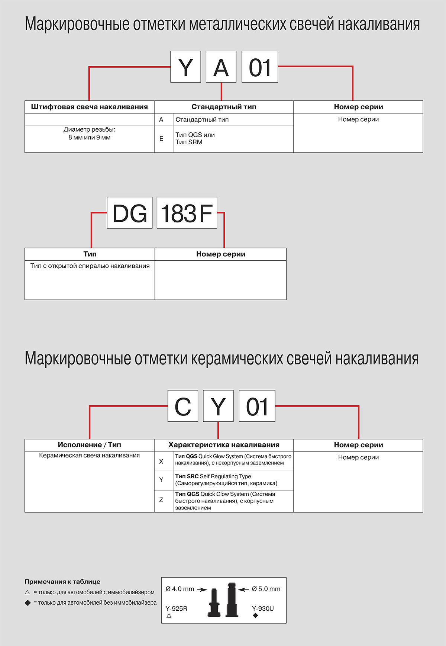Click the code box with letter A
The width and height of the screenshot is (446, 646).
point(221,67)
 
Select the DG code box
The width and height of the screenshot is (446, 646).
point(129,213)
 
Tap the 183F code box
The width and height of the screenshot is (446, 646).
point(187,213)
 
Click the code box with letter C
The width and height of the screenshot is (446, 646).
point(182,406)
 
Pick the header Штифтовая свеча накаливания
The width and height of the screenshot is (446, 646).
point(89,107)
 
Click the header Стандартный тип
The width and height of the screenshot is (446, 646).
point(224,107)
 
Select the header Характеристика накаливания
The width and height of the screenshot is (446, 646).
point(224,445)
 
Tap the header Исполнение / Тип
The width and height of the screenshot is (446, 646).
point(89,445)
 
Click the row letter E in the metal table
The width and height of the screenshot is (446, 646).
point(161,139)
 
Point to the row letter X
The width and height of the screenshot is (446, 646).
point(161,462)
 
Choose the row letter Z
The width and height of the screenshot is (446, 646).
point(161,500)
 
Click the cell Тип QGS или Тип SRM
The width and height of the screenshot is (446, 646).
point(195,138)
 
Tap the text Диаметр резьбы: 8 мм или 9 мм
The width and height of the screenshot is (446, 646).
point(89,134)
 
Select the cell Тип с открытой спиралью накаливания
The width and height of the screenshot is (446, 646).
point(90,266)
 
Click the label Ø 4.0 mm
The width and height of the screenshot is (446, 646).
point(180,589)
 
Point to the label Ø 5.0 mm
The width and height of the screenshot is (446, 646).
point(266,589)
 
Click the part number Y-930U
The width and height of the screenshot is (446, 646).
point(263,609)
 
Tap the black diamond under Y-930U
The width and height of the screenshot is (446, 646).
point(255,616)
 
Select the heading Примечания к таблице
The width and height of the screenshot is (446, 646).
point(62,582)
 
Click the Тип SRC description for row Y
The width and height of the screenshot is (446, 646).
point(226,480)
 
